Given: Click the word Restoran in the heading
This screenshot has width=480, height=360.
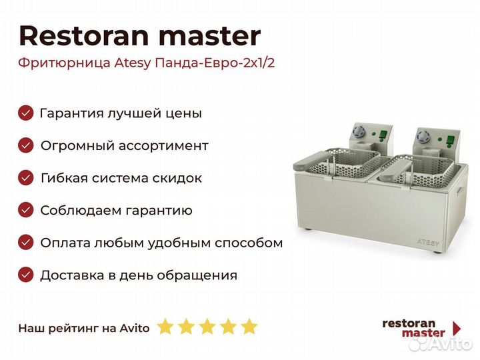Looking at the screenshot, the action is tap(84, 36).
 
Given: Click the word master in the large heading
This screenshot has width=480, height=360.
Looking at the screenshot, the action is tap(210, 37).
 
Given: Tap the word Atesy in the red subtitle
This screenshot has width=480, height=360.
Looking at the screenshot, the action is tap(133, 63).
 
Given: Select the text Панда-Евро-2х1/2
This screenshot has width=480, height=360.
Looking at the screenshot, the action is tap(215, 63).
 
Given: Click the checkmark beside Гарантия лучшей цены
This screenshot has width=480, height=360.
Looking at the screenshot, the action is tap(26, 113).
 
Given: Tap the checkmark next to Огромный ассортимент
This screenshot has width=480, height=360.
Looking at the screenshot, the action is tap(26, 145).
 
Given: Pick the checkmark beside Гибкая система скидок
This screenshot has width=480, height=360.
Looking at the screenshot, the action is tap(26, 178).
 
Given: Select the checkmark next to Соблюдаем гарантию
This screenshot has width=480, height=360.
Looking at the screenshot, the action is tap(26, 210).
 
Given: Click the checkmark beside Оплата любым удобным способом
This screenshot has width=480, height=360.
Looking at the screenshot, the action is tap(26, 243).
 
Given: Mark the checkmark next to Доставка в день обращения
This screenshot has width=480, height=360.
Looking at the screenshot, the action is tap(26, 275).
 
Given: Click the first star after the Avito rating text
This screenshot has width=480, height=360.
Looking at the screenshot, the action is tap(165, 327).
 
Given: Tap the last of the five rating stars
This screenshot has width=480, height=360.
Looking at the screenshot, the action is tap(249, 327).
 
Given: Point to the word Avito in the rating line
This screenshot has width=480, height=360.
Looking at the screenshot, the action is tap(135, 329).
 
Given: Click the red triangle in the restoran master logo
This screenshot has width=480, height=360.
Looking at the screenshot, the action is tap(457, 329).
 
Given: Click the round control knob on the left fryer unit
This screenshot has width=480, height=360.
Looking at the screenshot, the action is tap(357, 131).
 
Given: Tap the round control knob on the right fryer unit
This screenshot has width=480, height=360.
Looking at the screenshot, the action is tap(423, 136).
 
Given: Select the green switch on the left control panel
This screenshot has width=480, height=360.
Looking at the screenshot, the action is tap(383, 135).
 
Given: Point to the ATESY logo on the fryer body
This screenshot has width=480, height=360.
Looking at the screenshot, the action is tap(428, 242).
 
